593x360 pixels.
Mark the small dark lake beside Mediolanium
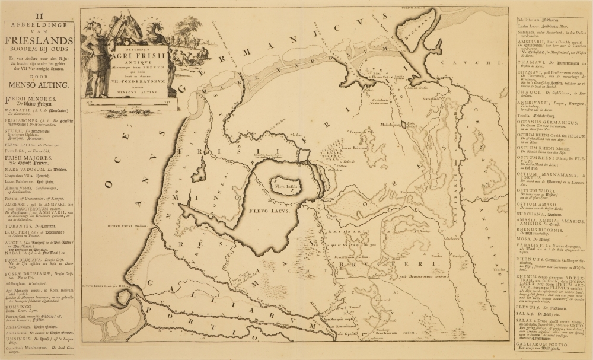point(411,125)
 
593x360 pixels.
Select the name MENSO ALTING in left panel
point(38,85)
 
